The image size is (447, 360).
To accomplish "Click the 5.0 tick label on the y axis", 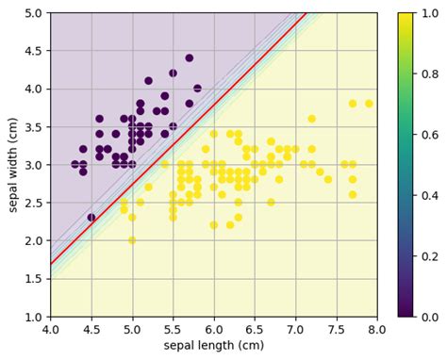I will (33, 13).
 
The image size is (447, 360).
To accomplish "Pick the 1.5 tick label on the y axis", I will (33, 279).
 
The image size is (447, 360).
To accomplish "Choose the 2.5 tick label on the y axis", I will (33, 203).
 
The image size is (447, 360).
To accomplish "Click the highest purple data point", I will (189, 58).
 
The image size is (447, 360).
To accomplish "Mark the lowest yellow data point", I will (132, 240).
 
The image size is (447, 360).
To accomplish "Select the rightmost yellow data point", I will (369, 104).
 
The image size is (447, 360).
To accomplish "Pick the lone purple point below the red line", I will (91, 218).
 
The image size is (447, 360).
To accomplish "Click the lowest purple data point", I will (91, 218).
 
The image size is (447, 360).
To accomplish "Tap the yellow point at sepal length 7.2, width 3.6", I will (311, 119).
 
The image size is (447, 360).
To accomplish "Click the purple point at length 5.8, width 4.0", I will (197, 89).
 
